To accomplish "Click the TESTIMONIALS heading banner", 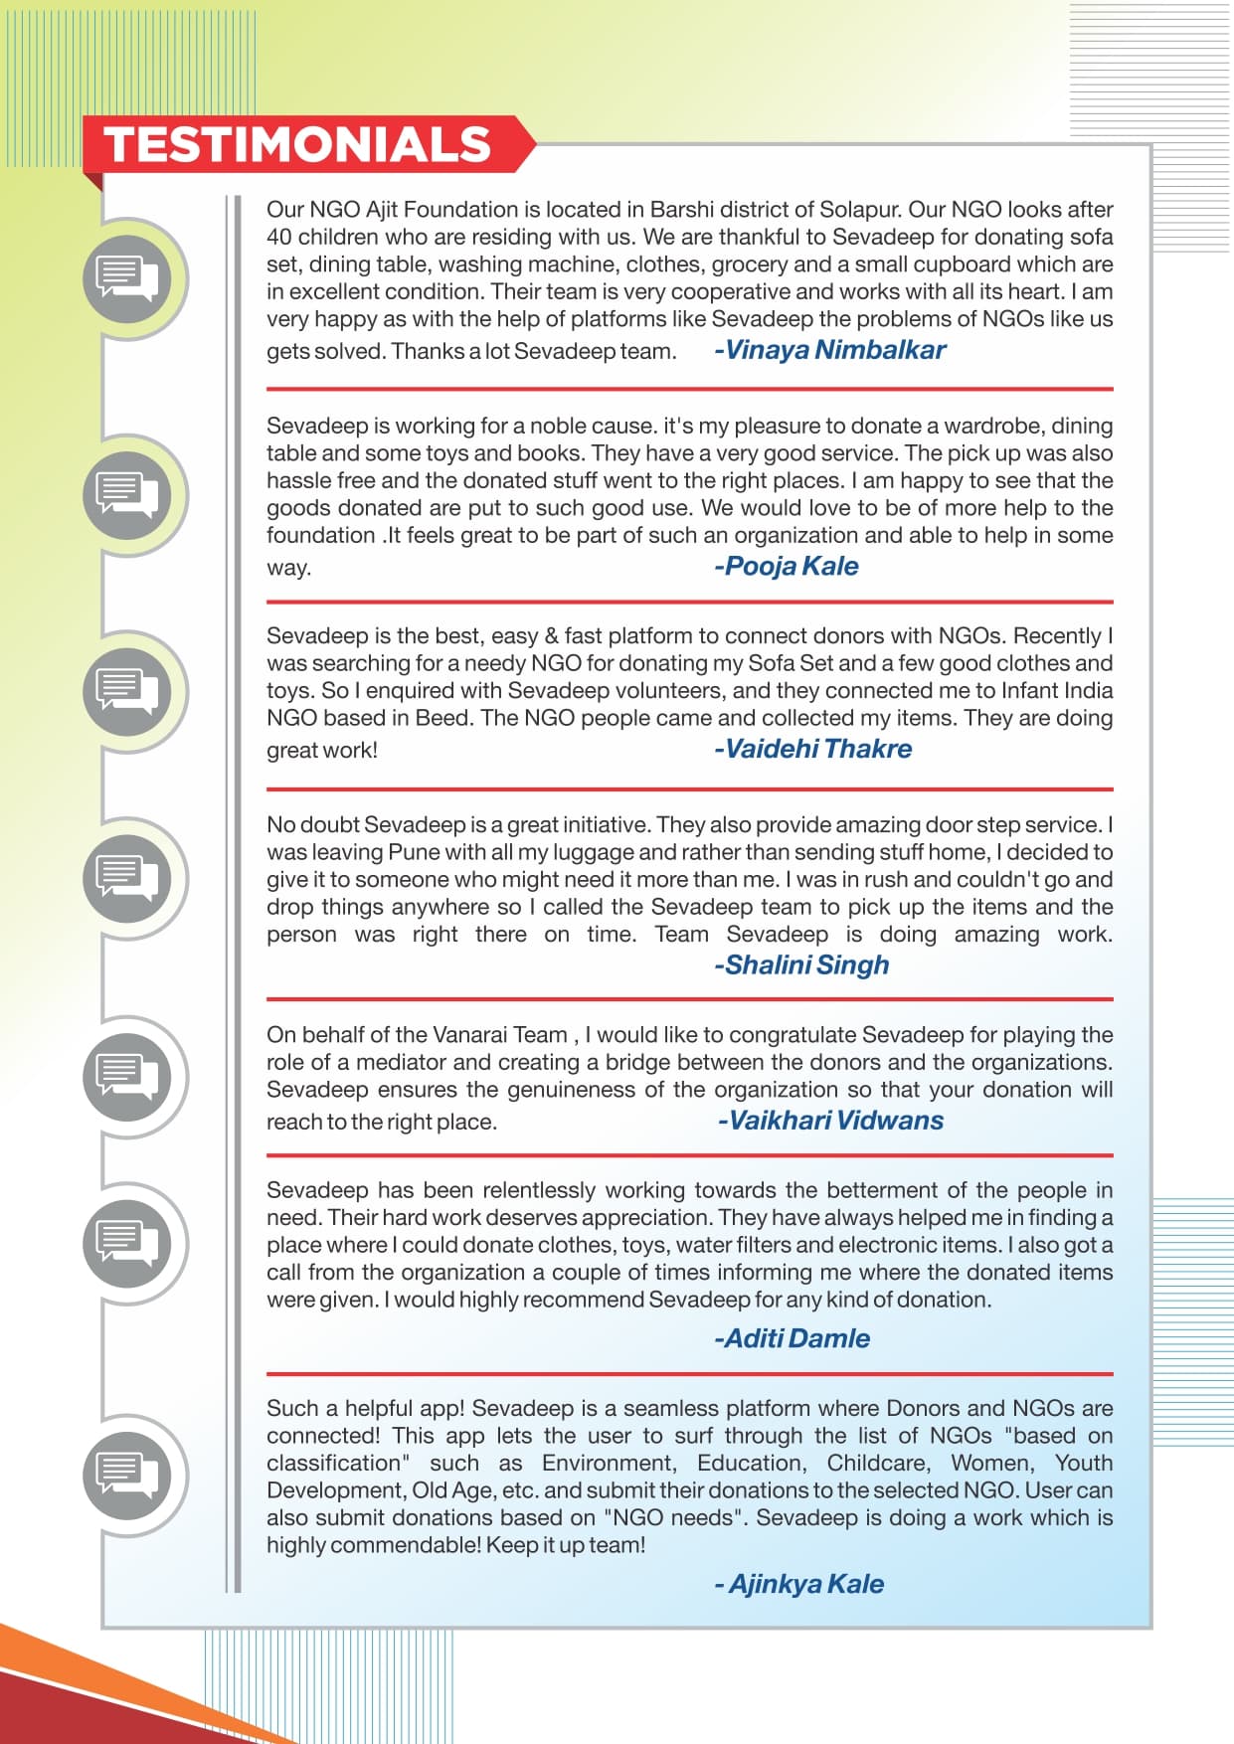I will click(298, 144).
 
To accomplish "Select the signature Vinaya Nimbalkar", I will click(830, 350).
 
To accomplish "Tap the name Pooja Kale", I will click(787, 567).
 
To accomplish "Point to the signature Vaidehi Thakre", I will click(813, 750).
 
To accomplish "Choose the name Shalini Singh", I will click(802, 965).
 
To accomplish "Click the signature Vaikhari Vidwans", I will click(831, 1121).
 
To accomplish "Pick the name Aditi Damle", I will click(793, 1339).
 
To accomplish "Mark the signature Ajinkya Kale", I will click(799, 1585).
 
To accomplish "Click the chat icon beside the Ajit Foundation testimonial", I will click(127, 278).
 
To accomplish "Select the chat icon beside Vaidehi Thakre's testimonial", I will click(127, 690).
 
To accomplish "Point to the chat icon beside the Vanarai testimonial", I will click(127, 1077).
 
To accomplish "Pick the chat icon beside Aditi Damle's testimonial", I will click(127, 1243).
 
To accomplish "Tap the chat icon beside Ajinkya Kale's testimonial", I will click(127, 1475).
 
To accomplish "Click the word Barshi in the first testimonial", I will click(680, 210).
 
